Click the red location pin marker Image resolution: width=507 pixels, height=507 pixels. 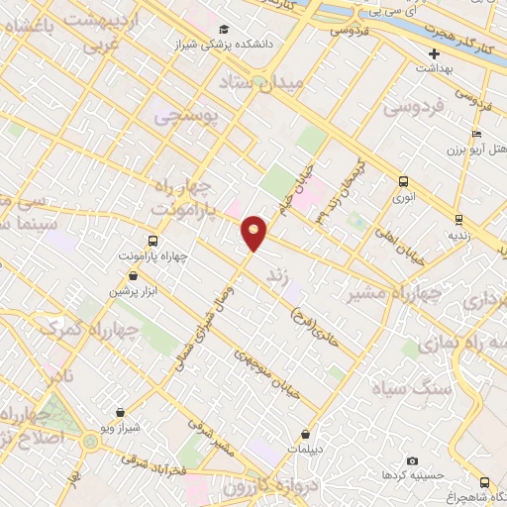click(x=254, y=232)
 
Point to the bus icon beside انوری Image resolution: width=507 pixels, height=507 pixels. click(x=403, y=181)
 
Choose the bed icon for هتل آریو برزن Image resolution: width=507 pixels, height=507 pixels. click(x=477, y=135)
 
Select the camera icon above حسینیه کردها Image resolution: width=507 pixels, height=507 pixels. click(x=413, y=461)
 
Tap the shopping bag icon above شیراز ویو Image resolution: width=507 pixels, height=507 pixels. click(x=120, y=412)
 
